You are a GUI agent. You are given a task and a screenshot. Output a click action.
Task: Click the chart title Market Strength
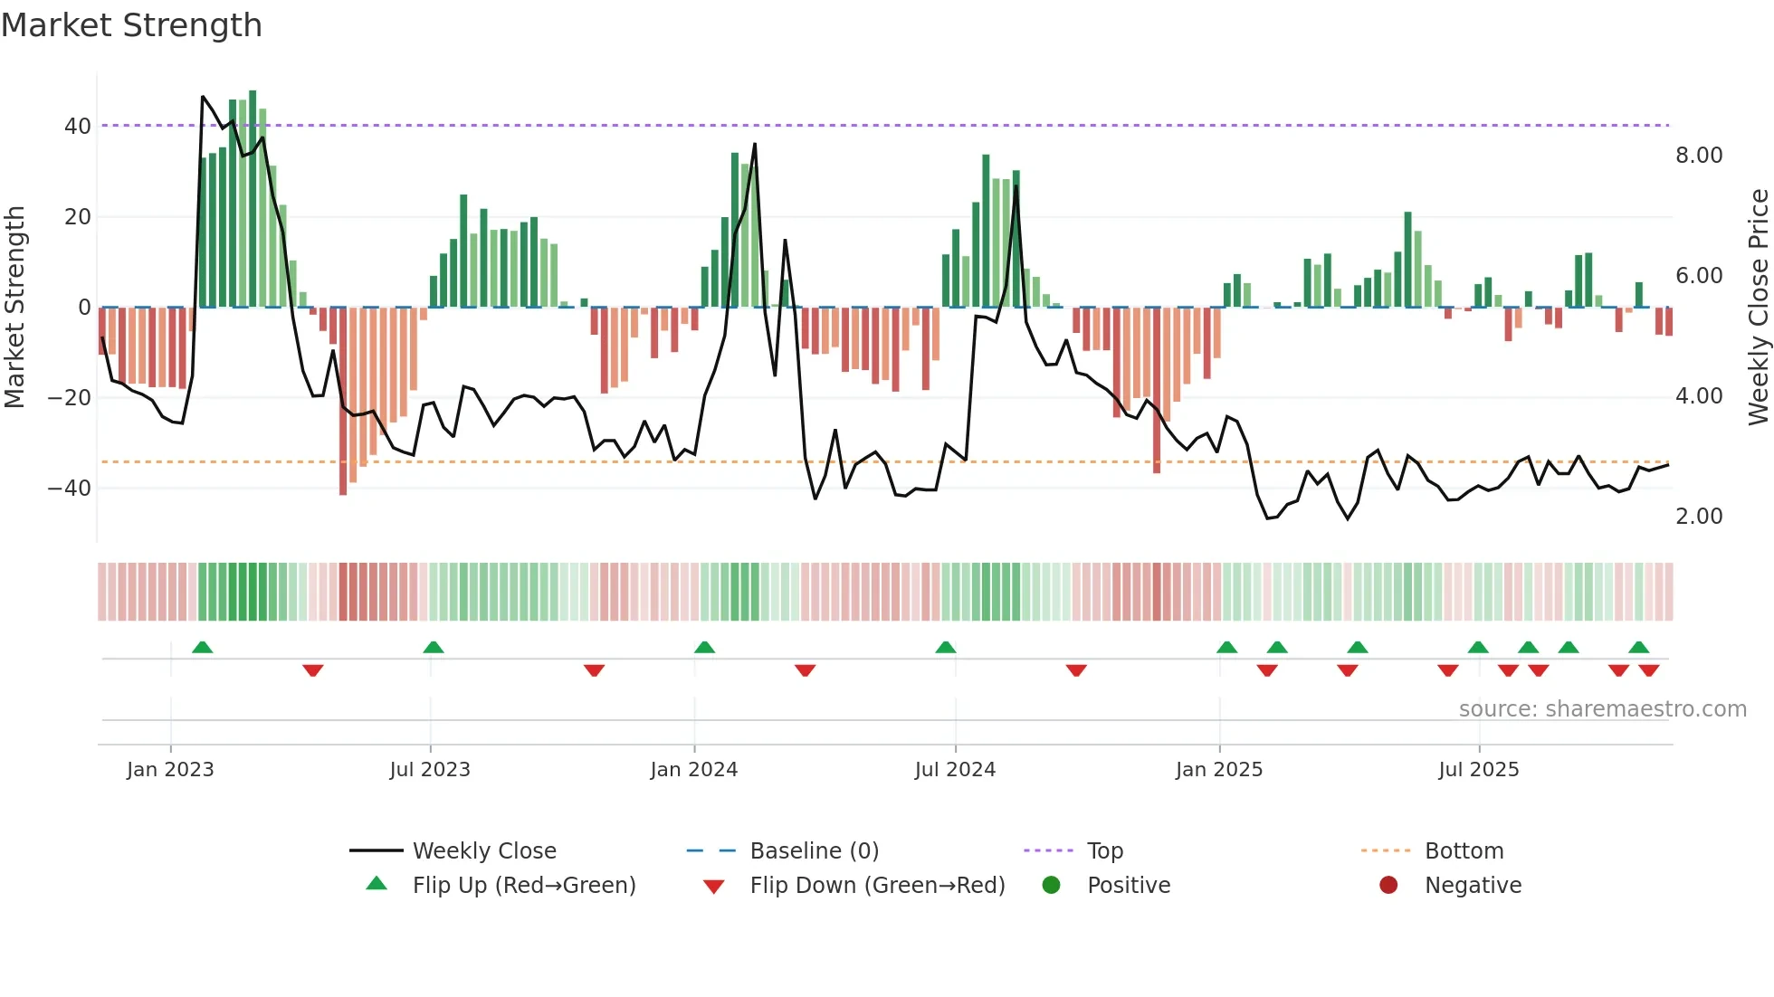click(x=132, y=25)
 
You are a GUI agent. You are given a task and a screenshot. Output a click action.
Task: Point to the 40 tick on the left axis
click(x=77, y=126)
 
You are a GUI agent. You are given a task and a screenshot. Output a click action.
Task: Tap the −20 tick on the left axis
click(x=69, y=397)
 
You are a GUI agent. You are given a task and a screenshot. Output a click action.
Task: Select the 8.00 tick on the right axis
click(x=1699, y=156)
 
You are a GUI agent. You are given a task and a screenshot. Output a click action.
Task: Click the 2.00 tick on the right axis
click(x=1699, y=517)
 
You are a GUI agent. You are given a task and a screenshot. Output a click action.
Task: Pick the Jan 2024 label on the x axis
click(x=694, y=770)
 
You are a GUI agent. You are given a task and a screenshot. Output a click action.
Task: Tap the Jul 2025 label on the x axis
click(x=1479, y=770)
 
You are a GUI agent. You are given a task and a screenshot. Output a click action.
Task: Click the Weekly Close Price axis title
click(x=1758, y=307)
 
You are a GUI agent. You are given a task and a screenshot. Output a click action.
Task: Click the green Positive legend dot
click(x=1051, y=885)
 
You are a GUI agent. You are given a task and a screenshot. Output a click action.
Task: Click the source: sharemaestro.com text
click(x=1602, y=709)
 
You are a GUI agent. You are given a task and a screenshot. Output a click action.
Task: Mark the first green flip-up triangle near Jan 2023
click(x=203, y=648)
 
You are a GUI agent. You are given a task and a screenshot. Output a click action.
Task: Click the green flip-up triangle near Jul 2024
click(x=946, y=648)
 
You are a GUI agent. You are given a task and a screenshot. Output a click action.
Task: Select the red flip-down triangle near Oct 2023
click(x=594, y=670)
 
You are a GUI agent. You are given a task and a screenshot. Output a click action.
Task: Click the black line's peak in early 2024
click(x=755, y=144)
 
